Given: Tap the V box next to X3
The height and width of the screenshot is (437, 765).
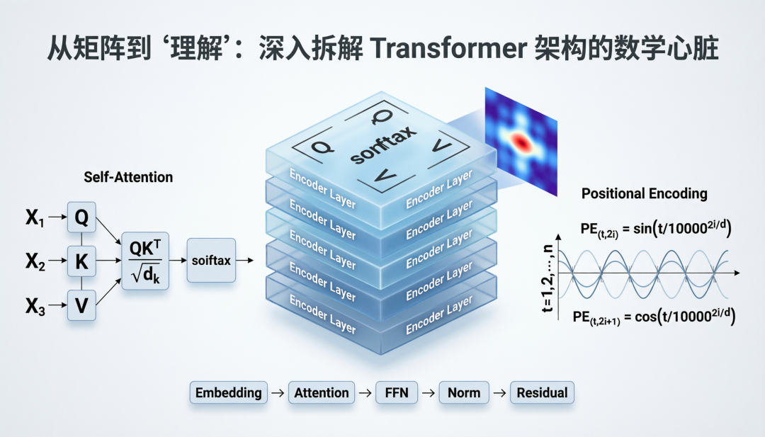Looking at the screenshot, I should (x=81, y=306).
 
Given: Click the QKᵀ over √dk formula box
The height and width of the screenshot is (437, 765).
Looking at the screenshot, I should (x=145, y=261).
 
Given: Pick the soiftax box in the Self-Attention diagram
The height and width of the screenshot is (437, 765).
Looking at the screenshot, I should (x=211, y=261).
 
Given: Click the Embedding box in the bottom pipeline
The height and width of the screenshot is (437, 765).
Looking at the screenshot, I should (x=228, y=392).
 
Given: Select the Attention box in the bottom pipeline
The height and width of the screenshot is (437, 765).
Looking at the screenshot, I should (x=322, y=392).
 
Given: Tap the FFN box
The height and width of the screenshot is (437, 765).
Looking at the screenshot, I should (x=397, y=392).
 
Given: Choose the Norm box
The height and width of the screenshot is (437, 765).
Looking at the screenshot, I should (x=464, y=392).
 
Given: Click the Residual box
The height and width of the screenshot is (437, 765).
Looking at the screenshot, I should (x=542, y=392).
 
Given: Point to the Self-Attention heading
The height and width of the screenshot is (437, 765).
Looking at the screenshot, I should (x=128, y=177).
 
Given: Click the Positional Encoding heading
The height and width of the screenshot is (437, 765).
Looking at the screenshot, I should (x=644, y=193).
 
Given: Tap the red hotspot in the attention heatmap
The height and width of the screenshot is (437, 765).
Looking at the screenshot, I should (x=521, y=142).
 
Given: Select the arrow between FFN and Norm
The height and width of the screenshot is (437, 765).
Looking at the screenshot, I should (x=429, y=392).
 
